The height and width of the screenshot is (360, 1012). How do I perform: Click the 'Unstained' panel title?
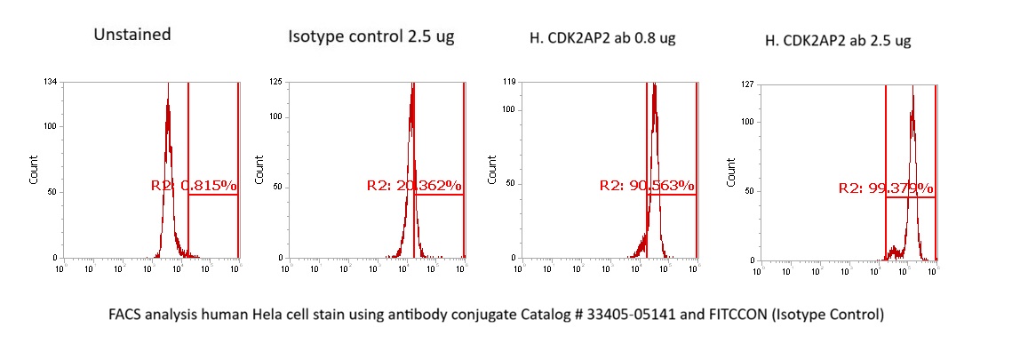pos(132,36)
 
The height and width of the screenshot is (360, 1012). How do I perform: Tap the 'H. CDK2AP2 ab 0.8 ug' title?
pos(601,38)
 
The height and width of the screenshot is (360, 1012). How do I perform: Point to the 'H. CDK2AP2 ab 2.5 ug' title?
pos(838,40)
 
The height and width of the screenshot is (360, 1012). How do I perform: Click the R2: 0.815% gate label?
pos(193,186)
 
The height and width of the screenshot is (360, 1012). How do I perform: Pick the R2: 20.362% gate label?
pos(414,186)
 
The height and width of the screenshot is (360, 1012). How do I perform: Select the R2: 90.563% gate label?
pos(647,186)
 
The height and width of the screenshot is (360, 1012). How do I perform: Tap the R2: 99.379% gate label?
pos(886,188)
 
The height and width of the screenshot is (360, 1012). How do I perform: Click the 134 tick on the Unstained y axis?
pos(52,83)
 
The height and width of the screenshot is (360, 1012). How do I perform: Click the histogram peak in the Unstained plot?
pos(167,89)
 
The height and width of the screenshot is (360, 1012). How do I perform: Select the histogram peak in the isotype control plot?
pos(412,89)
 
